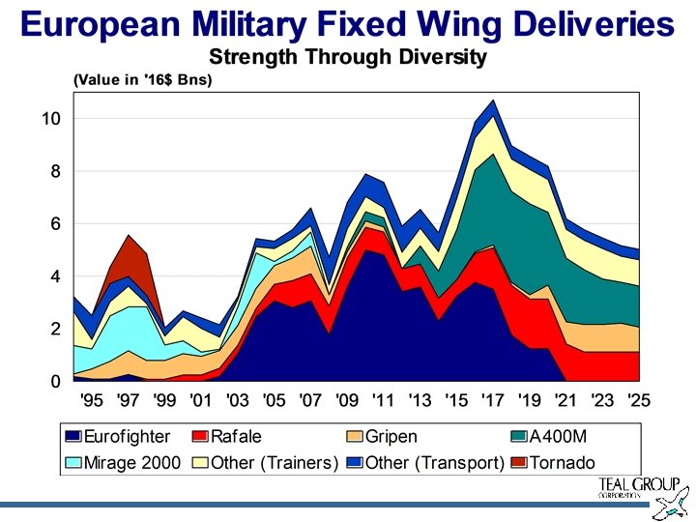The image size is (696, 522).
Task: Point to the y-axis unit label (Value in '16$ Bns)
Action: coord(143,80)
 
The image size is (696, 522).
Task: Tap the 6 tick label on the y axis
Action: coord(55,224)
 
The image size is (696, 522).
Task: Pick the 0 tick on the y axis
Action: coord(55,382)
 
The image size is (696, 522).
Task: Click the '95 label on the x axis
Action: coord(91,400)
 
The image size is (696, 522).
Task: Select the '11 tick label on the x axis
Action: coord(383,400)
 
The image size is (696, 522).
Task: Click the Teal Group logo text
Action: coord(629,487)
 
